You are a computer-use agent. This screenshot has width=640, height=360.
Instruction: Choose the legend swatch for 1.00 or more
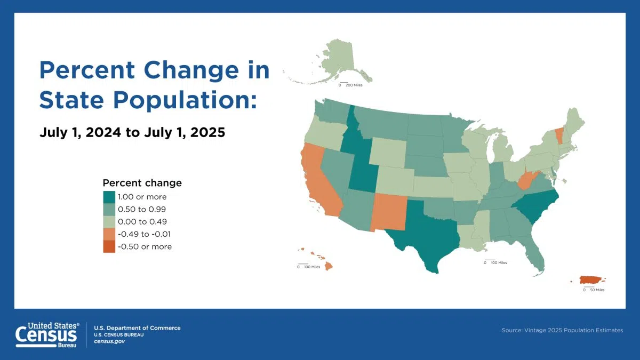pos(109,197)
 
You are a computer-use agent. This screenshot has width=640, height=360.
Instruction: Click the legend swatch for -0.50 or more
pos(109,246)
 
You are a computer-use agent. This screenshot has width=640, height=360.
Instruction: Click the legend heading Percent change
pos(142,183)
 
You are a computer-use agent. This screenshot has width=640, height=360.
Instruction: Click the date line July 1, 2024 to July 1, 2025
pos(132,132)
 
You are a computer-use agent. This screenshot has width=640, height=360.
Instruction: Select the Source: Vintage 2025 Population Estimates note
pos(562,330)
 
